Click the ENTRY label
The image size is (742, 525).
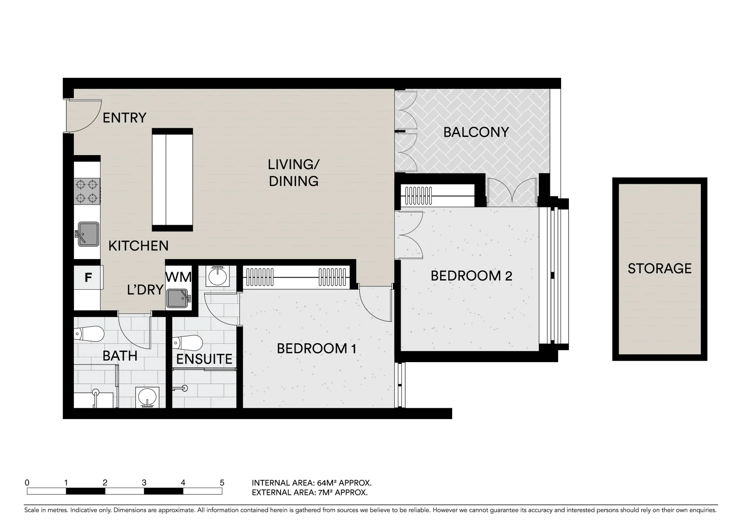click(x=124, y=118)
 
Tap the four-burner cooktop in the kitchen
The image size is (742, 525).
click(x=87, y=191)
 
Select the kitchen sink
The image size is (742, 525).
click(x=87, y=234)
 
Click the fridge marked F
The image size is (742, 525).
click(x=88, y=278)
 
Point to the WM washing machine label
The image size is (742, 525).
click(x=178, y=277)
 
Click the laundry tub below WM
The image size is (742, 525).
click(x=178, y=298)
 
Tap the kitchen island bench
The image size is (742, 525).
click(x=172, y=179)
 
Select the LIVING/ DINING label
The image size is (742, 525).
click(x=294, y=173)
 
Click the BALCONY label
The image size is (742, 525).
click(x=476, y=132)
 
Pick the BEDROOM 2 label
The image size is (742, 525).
click(x=471, y=276)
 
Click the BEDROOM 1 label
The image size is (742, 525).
click(x=317, y=349)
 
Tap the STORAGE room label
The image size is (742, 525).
click(x=659, y=269)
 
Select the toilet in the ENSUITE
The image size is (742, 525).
click(x=187, y=342)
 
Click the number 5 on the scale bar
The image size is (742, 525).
click(x=222, y=483)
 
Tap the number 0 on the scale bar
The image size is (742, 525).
click(x=27, y=483)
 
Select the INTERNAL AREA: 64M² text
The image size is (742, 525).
click(x=311, y=483)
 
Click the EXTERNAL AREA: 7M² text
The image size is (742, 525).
click(x=309, y=492)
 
